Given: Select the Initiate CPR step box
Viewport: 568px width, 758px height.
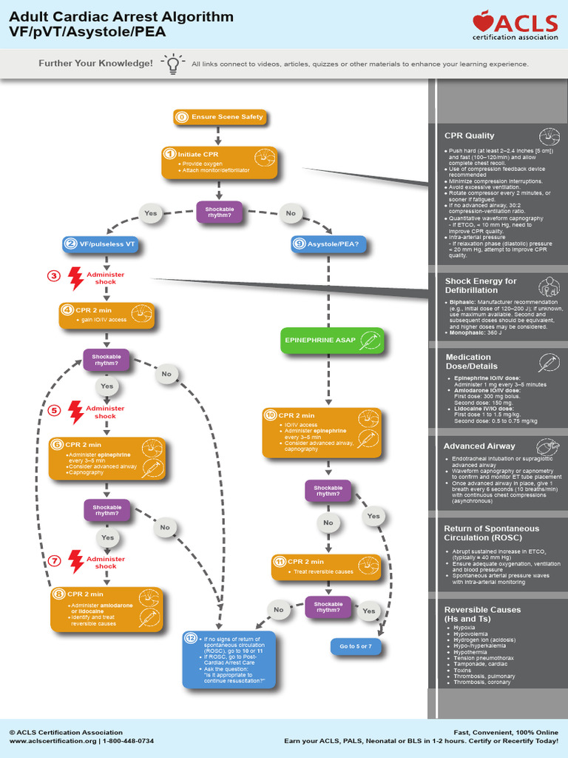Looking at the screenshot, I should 220,163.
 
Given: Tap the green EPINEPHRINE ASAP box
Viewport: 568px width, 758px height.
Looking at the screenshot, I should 332,341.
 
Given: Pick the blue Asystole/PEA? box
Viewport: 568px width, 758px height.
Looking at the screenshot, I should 328,244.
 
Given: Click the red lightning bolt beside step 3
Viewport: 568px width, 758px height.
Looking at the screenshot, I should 75,278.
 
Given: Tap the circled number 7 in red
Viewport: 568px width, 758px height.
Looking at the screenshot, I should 54,560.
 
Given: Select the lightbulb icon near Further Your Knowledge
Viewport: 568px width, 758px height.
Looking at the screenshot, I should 172,64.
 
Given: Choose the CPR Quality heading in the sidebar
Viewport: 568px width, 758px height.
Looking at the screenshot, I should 470,135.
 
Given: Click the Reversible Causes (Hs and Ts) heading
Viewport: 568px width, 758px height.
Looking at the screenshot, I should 482,614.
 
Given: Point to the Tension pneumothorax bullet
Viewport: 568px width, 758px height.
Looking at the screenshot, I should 479,658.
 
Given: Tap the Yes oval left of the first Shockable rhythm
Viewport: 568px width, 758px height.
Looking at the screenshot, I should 151,213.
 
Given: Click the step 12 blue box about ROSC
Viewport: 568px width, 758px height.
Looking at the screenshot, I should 229,660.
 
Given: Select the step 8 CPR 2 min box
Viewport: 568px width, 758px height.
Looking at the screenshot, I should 106,609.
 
